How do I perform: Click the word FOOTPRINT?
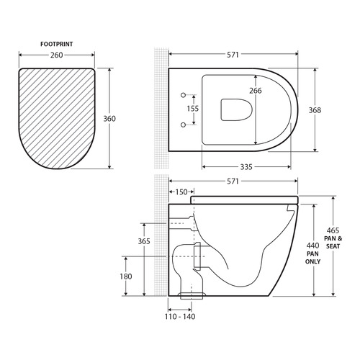point(59,44)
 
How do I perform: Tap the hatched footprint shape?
point(59,115)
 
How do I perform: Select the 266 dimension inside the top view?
point(255,91)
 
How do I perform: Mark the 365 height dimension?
point(144,241)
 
